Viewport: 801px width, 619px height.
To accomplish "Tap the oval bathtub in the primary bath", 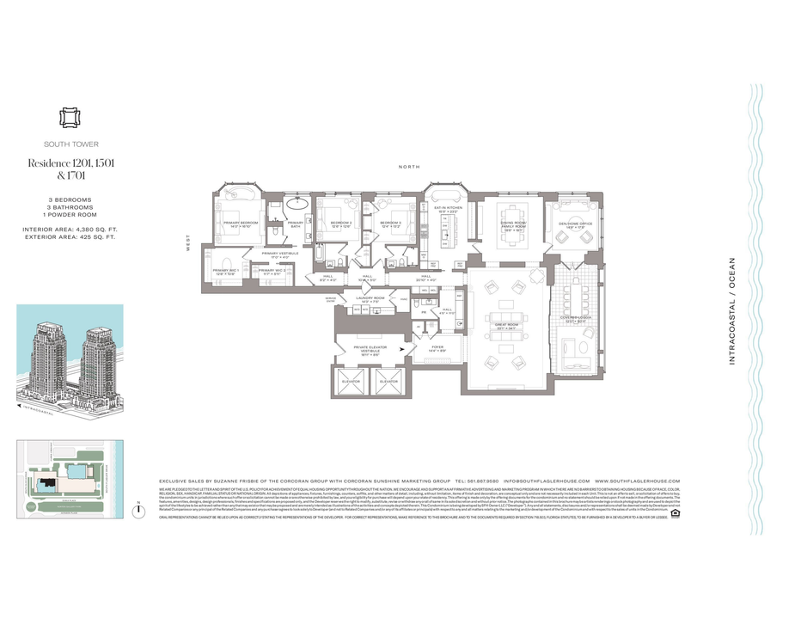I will coord(297,205).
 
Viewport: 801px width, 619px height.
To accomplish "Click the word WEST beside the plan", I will coord(187,244).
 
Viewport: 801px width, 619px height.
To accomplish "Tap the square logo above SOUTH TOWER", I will coord(69,117).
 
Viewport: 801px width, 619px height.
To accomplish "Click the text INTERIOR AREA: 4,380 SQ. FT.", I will coord(70,230).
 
